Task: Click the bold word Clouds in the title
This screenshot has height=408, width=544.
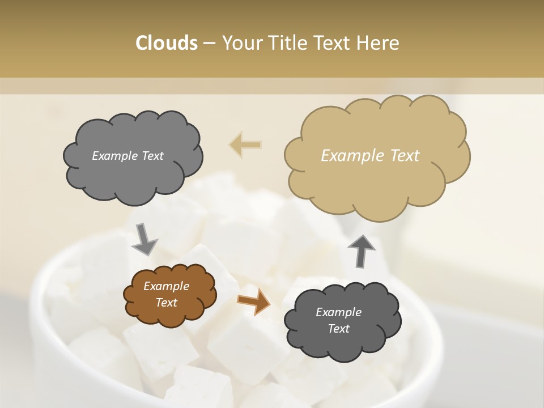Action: (166, 43)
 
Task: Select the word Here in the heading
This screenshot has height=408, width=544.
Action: (379, 43)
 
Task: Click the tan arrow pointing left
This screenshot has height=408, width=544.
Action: (245, 144)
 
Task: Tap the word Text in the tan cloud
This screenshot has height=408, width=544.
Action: (405, 156)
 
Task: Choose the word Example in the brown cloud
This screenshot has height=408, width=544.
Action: (166, 286)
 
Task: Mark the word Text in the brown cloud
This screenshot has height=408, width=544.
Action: (166, 303)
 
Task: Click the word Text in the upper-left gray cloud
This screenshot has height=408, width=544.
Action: (152, 156)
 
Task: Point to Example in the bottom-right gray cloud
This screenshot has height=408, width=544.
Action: (338, 312)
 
